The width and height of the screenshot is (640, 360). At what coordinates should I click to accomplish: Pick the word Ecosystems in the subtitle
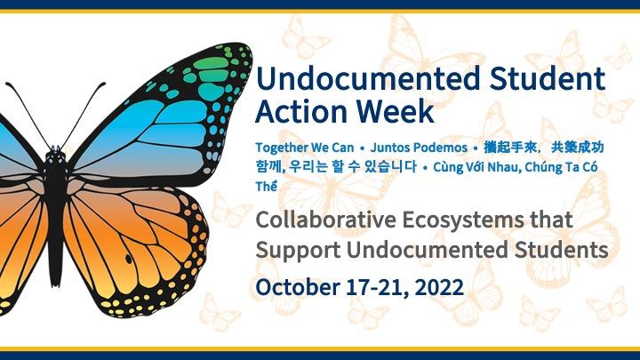tap(483, 220)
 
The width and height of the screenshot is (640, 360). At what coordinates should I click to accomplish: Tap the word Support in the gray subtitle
tap(294, 250)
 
